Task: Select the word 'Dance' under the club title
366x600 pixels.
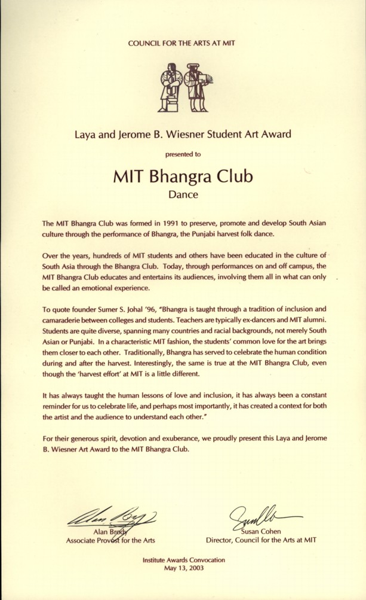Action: tap(183, 194)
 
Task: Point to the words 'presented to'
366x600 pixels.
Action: tap(183, 154)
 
